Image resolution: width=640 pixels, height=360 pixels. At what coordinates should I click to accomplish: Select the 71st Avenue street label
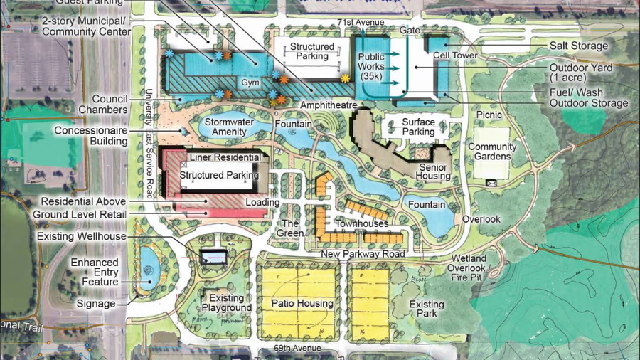(x=361, y=23)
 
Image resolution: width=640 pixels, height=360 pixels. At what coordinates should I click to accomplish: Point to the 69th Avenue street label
(x=297, y=349)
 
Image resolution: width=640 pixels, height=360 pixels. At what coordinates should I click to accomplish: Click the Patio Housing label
(x=302, y=304)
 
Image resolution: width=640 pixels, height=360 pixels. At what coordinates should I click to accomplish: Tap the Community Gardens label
(x=492, y=152)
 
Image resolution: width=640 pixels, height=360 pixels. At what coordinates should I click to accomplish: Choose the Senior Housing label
(x=434, y=171)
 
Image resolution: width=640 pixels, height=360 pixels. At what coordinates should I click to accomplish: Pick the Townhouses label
(x=361, y=223)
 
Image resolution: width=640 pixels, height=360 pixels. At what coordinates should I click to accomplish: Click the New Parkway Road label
(x=363, y=254)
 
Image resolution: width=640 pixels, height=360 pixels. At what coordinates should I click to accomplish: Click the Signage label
(x=96, y=304)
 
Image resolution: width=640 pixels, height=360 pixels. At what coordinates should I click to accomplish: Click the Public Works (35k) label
(x=371, y=65)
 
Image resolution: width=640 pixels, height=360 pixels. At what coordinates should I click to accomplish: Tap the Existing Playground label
(x=227, y=303)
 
